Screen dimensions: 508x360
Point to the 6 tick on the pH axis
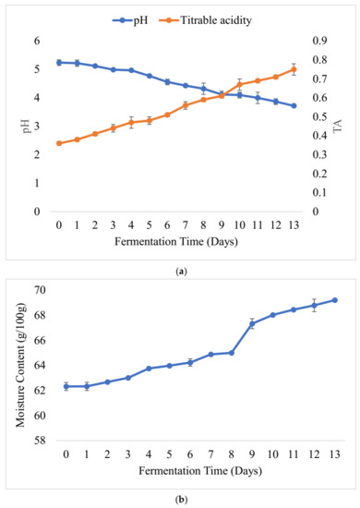pyautogui.click(x=37, y=41)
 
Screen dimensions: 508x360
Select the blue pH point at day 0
pyautogui.click(x=59, y=63)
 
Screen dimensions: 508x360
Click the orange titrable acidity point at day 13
pyautogui.click(x=294, y=69)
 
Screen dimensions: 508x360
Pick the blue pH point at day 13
pyautogui.click(x=294, y=106)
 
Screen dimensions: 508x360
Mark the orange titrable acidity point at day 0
pyautogui.click(x=59, y=143)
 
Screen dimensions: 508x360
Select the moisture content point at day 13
pyautogui.click(x=334, y=299)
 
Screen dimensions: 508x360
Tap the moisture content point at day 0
pyautogui.click(x=66, y=386)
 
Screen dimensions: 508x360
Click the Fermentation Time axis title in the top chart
pyautogui.click(x=176, y=241)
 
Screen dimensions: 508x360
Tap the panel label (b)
pyautogui.click(x=180, y=498)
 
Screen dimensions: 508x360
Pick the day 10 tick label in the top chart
pyautogui.click(x=239, y=225)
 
